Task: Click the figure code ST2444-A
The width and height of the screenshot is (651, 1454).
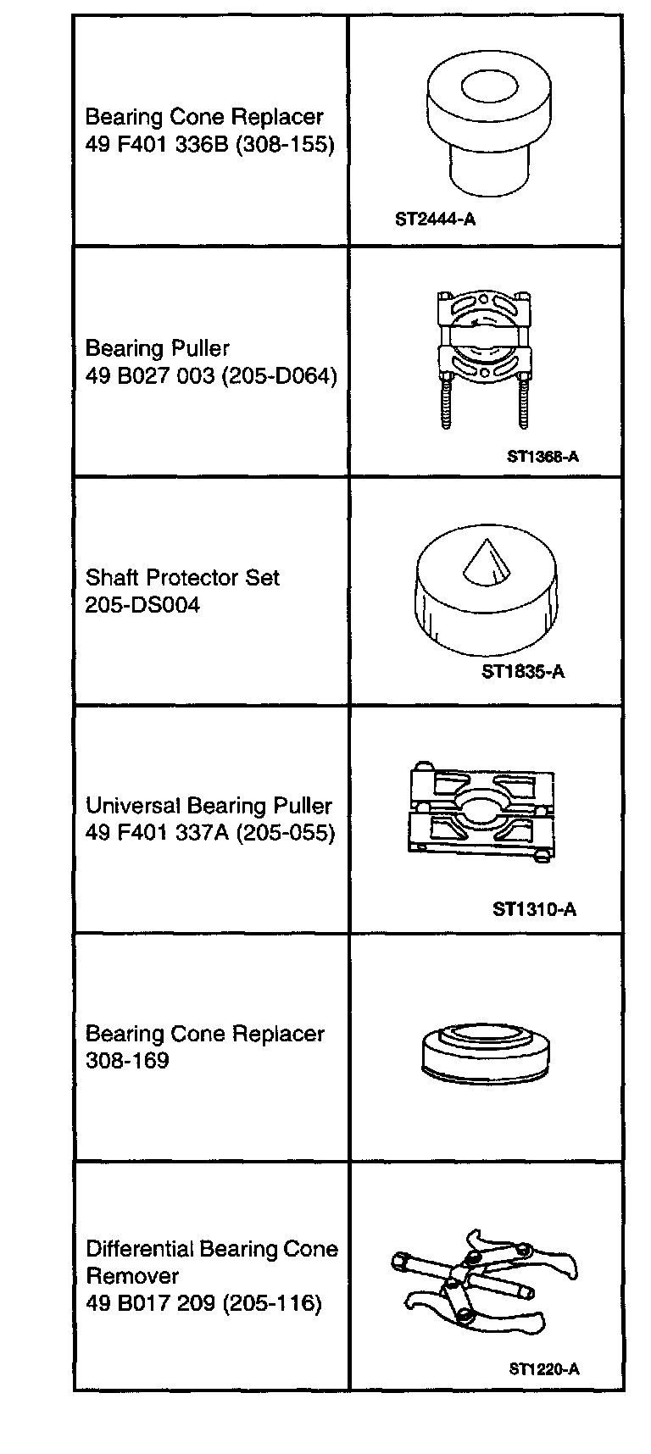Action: [435, 219]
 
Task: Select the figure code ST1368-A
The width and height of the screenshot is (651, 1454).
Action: [542, 457]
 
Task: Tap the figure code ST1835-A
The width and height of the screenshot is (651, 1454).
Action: [523, 672]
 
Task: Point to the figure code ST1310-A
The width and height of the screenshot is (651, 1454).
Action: [534, 909]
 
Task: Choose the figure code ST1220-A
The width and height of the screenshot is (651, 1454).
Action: [544, 1368]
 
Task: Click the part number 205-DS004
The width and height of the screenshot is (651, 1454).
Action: [142, 605]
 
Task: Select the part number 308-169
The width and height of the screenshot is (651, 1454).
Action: [127, 1060]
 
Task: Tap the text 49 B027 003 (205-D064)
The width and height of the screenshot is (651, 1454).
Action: [211, 375]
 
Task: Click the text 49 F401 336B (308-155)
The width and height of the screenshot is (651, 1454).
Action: [210, 144]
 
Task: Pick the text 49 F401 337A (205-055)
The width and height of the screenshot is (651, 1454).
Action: [210, 832]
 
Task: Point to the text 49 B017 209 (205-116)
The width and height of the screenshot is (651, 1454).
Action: [203, 1302]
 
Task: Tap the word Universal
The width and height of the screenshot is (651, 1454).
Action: [133, 805]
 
